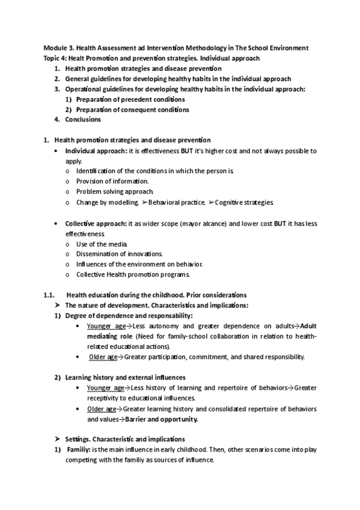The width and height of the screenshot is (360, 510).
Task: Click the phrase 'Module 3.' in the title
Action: [x=57, y=48]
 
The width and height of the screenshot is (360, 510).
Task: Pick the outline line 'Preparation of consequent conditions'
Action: [x=132, y=109]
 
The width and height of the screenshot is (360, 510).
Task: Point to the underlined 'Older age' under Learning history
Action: [x=102, y=409]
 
